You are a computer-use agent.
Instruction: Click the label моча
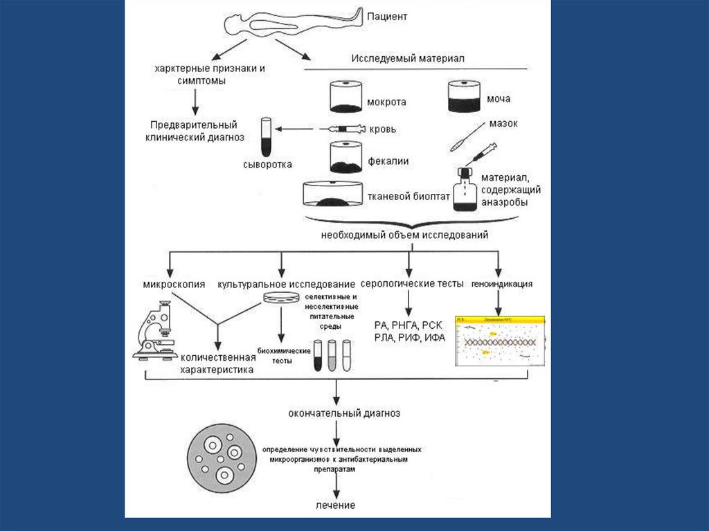click(509, 99)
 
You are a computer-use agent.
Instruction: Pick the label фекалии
click(387, 161)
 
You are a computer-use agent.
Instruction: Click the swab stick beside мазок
click(463, 138)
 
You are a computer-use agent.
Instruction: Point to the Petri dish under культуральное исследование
click(281, 298)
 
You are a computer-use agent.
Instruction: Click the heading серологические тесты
click(408, 284)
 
